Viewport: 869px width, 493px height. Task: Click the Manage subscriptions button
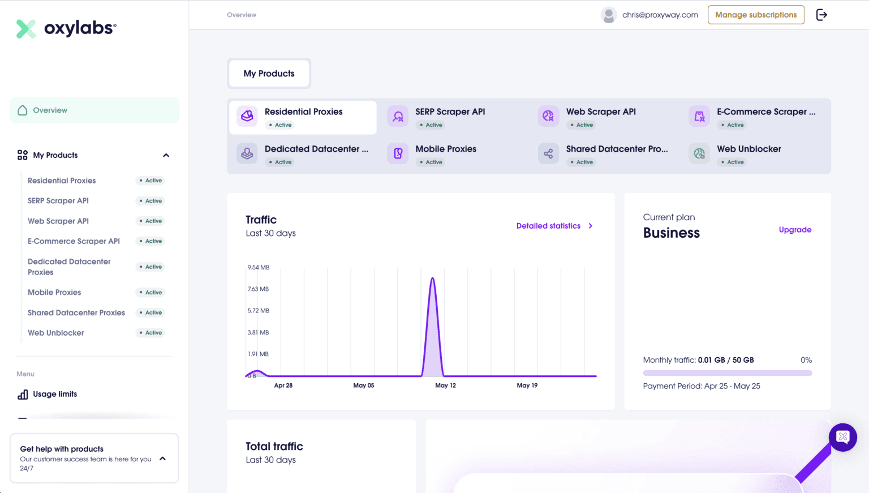[756, 15]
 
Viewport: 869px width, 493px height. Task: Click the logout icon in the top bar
[821, 15]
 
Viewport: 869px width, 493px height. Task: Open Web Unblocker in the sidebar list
[56, 333]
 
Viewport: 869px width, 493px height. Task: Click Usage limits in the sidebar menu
[55, 394]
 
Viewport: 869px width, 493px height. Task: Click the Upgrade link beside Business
[795, 230]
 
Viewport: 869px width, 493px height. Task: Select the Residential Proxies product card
[303, 117]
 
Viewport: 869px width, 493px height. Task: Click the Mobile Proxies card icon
[398, 153]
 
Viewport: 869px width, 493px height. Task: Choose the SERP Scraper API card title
[450, 112]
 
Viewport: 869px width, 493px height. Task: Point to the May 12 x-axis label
[445, 385]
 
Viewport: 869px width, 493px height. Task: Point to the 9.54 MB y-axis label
[258, 267]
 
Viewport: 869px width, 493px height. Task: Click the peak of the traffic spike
[433, 278]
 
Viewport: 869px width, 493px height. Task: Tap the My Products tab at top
[269, 74]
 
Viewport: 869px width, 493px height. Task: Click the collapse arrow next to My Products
[166, 155]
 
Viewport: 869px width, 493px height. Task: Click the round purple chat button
[842, 437]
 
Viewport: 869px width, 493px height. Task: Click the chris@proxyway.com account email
[660, 15]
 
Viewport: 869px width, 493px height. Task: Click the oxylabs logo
[66, 28]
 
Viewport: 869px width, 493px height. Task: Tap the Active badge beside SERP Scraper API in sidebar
[151, 201]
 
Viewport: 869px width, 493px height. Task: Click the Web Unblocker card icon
[699, 153]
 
